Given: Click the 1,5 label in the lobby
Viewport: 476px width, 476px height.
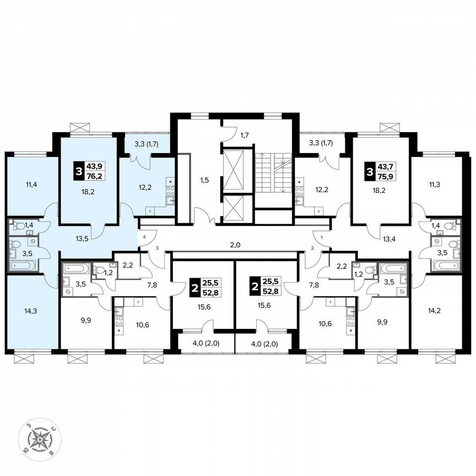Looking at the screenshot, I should coord(204,180).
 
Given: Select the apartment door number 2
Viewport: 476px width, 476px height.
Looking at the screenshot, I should coord(312,248).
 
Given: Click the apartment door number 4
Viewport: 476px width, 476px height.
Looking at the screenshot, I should coord(145,237).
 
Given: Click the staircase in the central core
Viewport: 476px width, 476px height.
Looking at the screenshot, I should coord(273,172).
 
